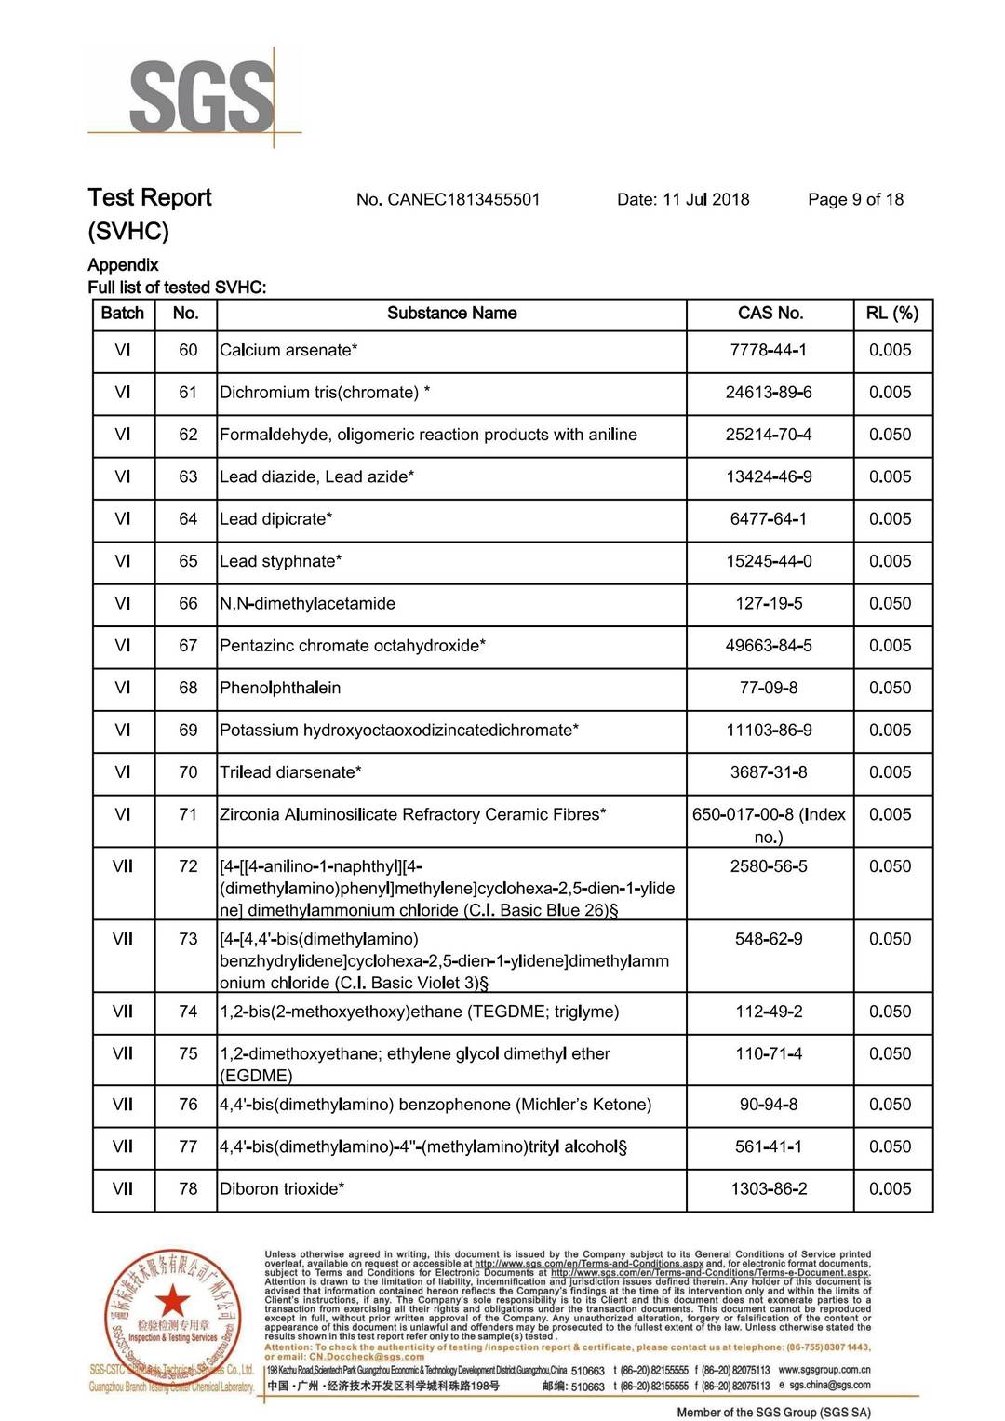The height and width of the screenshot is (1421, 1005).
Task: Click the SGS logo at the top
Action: (201, 97)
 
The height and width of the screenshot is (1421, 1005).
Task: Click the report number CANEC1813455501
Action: (448, 199)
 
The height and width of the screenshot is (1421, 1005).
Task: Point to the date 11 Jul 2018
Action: (683, 199)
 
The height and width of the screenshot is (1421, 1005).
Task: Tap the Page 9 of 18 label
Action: (855, 199)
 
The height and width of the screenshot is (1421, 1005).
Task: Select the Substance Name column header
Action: (451, 314)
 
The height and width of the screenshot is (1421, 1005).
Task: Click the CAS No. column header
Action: (770, 314)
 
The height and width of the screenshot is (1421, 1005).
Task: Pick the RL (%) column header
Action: (891, 314)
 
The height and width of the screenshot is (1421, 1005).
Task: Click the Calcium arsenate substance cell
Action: (288, 351)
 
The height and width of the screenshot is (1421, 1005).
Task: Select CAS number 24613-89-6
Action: (769, 393)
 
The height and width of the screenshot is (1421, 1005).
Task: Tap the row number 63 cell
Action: (188, 477)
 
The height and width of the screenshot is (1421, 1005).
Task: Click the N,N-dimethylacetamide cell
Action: (307, 604)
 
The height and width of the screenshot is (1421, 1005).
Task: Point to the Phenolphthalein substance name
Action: (280, 689)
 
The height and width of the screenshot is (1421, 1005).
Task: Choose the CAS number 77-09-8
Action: (769, 689)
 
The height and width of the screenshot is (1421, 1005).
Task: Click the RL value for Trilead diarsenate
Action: (891, 772)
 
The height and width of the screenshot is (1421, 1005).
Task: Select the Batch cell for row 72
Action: (123, 866)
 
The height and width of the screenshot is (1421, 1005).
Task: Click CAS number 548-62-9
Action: (769, 939)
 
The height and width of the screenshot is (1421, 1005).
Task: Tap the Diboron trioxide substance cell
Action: (282, 1189)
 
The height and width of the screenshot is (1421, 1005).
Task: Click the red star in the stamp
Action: (172, 1300)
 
